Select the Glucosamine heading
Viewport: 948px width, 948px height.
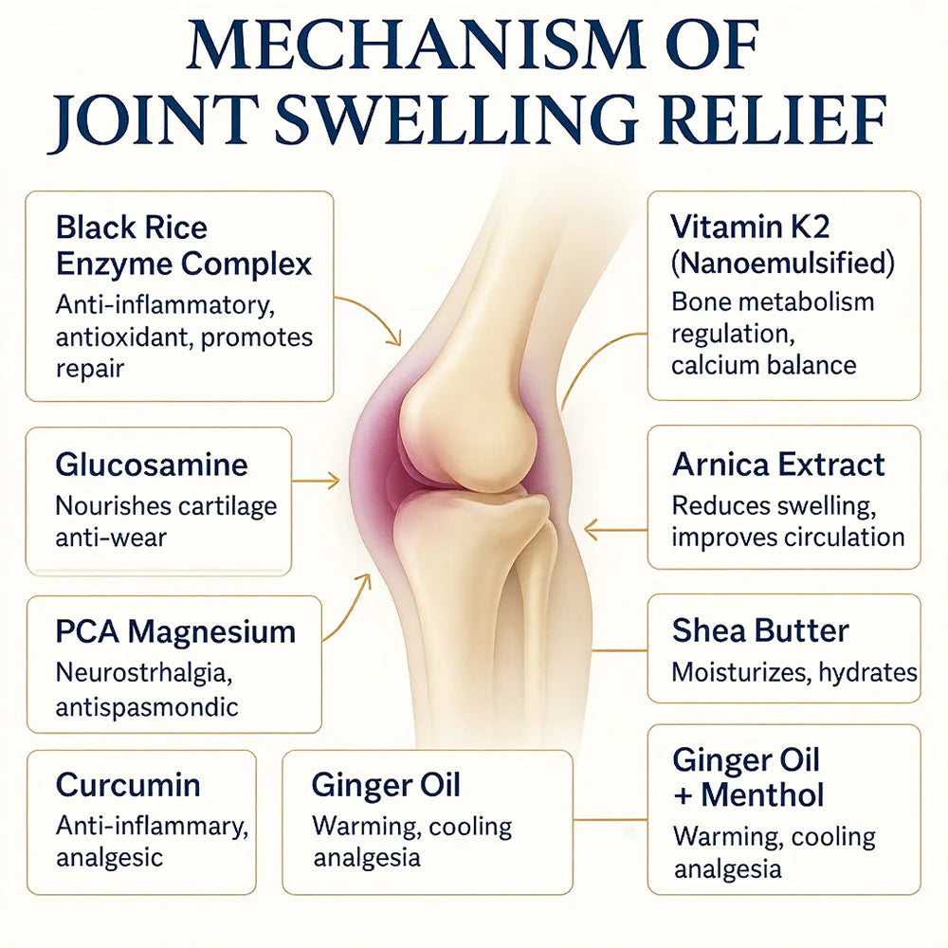pyautogui.click(x=152, y=465)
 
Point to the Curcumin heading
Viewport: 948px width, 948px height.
pyautogui.click(x=128, y=785)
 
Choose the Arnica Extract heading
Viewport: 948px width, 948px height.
pyautogui.click(x=778, y=465)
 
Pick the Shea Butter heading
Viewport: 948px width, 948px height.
pyautogui.click(x=760, y=630)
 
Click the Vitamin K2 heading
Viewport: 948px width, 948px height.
pyautogui.click(x=750, y=227)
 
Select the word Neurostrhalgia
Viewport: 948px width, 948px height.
pyautogui.click(x=144, y=673)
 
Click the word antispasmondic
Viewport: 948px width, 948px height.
pyautogui.click(x=147, y=707)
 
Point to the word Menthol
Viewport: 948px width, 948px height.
pyautogui.click(x=762, y=795)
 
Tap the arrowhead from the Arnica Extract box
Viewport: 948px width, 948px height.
pyautogui.click(x=592, y=530)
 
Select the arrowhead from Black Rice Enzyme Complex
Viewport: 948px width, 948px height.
pyautogui.click(x=394, y=338)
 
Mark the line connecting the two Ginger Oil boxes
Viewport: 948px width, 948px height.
pyautogui.click(x=610, y=820)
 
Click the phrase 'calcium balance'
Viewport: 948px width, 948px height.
pyautogui.click(x=763, y=366)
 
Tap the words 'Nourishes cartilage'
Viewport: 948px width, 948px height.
pyautogui.click(x=166, y=506)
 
